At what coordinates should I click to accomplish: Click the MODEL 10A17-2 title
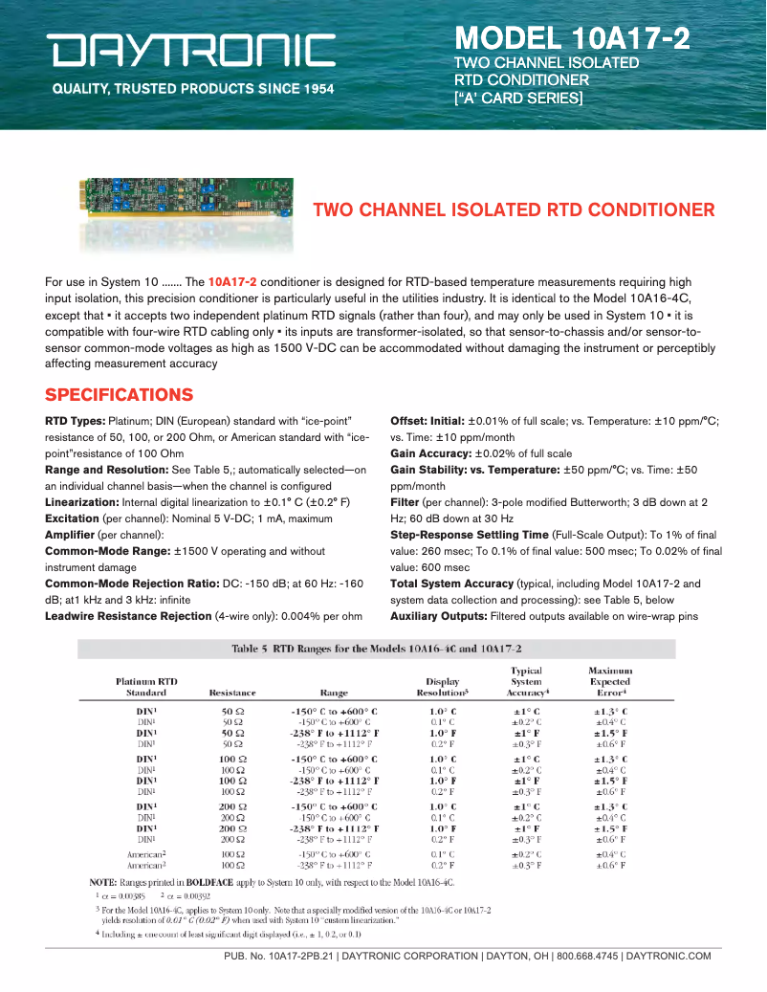pyautogui.click(x=572, y=37)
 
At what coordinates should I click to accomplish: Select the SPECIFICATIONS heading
pyautogui.click(x=119, y=395)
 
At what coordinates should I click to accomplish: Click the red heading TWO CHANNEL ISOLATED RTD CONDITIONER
pyautogui.click(x=514, y=209)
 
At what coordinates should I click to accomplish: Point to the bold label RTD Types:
pyautogui.click(x=75, y=421)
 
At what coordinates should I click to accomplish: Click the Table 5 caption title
pyautogui.click(x=376, y=649)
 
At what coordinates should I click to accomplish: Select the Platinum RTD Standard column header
pyautogui.click(x=146, y=686)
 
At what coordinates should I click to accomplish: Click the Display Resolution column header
pyautogui.click(x=442, y=686)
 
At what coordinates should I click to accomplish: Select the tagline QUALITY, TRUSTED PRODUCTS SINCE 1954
pyautogui.click(x=192, y=89)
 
